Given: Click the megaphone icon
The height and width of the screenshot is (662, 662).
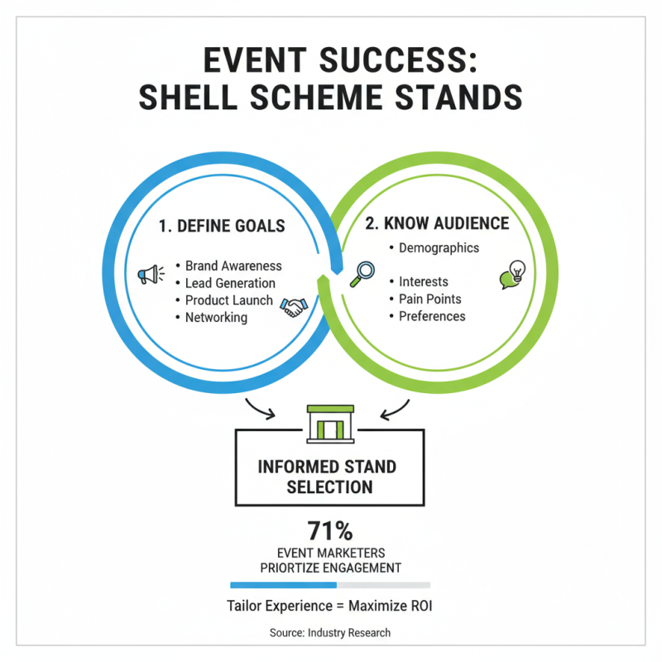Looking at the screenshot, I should click(149, 274).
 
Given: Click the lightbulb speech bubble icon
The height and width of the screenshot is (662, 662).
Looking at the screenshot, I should click(513, 275).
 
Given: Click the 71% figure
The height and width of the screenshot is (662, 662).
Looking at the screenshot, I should click(330, 530).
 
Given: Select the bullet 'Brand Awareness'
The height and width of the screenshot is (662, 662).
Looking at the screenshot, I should click(233, 266).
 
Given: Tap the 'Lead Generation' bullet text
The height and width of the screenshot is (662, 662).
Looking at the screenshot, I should click(230, 284).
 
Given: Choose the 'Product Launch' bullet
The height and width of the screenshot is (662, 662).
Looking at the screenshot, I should click(229, 300).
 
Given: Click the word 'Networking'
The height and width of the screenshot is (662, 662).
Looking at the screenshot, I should click(216, 317).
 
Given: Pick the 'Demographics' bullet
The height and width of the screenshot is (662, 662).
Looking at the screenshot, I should click(439, 247).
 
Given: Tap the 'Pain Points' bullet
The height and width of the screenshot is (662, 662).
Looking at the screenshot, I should click(430, 299).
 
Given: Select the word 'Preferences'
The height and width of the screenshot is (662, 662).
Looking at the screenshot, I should click(432, 316).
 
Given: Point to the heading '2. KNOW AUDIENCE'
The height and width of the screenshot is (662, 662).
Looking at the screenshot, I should click(439, 223).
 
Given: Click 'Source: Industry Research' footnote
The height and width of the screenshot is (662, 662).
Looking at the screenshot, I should click(330, 632).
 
